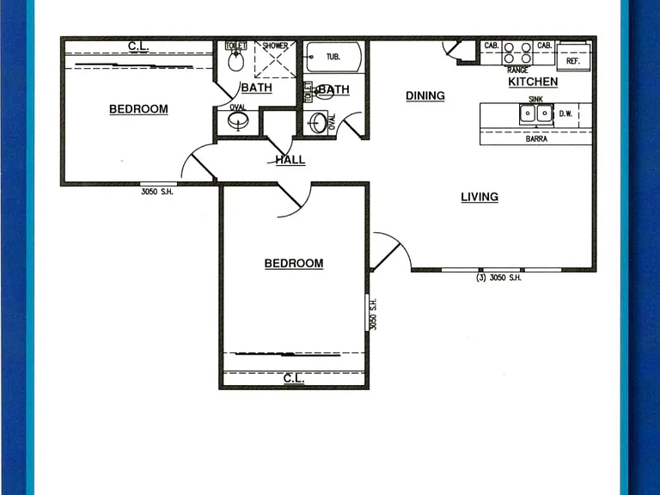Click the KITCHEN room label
click(x=533, y=82)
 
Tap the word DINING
click(x=425, y=96)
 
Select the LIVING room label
click(x=480, y=197)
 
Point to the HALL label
click(x=290, y=160)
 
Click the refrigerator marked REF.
click(x=573, y=57)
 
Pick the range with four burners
click(x=517, y=53)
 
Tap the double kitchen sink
click(x=536, y=113)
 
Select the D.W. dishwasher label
click(x=565, y=113)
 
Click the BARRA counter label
click(x=536, y=139)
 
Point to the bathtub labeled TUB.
click(x=333, y=57)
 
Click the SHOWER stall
click(x=275, y=59)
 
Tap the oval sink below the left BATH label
click(x=238, y=122)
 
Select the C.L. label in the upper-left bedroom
click(x=138, y=46)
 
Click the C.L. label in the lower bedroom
click(x=294, y=378)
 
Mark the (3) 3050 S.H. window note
click(x=498, y=278)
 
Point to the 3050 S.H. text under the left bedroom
click(x=157, y=192)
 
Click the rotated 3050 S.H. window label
click(x=373, y=314)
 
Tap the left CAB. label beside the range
click(x=492, y=46)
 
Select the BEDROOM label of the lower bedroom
click(x=294, y=264)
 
